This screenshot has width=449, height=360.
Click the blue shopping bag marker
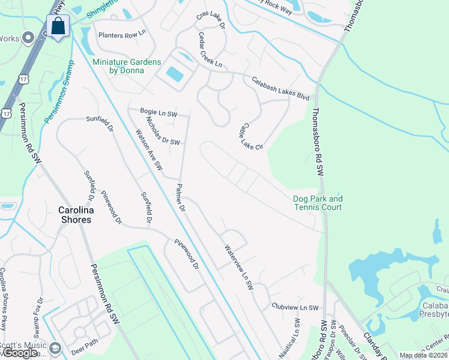pyautogui.click(x=58, y=27)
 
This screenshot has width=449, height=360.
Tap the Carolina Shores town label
pyautogui.click(x=74, y=215)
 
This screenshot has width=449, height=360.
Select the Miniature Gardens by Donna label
pyautogui.click(x=127, y=66)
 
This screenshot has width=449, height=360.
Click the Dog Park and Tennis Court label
pyautogui.click(x=317, y=203)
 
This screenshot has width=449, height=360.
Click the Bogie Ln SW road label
pyautogui.click(x=158, y=113)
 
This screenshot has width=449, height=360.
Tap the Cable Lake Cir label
pyautogui.click(x=246, y=137)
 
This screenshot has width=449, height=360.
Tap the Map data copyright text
pyautogui.click(x=423, y=355)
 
